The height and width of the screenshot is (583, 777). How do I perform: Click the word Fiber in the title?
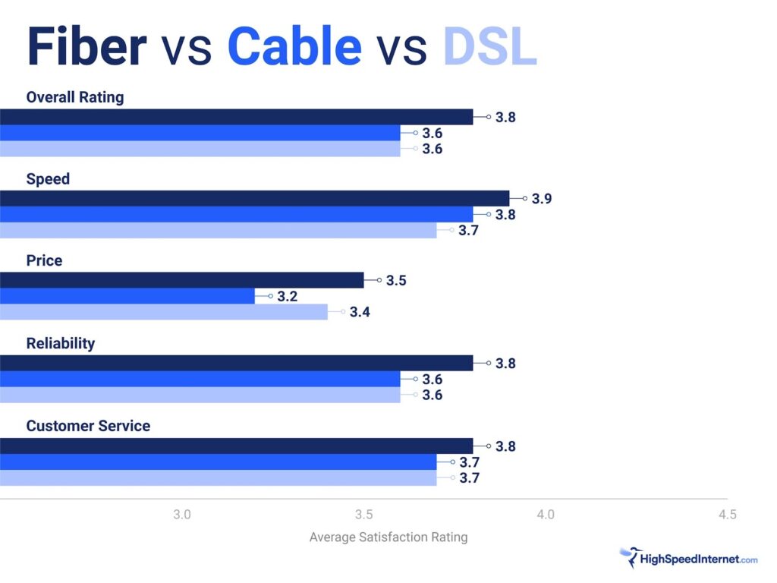(86, 47)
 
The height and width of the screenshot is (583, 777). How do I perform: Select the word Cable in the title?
(294, 47)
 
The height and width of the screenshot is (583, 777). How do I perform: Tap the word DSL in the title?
(490, 47)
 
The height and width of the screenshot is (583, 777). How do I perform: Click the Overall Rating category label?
(74, 97)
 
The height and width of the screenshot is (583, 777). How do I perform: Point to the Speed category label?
(48, 179)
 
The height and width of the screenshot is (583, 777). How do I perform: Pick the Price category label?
(44, 260)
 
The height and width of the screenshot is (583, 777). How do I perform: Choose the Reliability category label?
(61, 343)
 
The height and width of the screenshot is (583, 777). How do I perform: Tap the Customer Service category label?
(88, 426)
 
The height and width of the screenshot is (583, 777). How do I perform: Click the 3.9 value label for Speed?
(542, 199)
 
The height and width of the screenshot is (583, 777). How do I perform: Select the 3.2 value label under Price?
(287, 296)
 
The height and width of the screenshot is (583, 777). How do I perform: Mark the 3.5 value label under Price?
(396, 281)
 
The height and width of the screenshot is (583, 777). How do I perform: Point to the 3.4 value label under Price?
(360, 312)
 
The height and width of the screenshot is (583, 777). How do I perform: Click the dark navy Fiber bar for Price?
(182, 280)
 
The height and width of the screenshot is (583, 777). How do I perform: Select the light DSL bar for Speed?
(219, 230)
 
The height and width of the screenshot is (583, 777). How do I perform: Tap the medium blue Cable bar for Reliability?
(200, 379)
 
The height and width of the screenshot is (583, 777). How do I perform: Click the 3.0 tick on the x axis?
(182, 515)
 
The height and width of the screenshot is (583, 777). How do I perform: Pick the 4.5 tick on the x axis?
(727, 515)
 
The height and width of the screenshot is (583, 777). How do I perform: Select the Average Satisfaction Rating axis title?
(388, 537)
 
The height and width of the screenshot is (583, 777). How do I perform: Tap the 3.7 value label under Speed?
(468, 230)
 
